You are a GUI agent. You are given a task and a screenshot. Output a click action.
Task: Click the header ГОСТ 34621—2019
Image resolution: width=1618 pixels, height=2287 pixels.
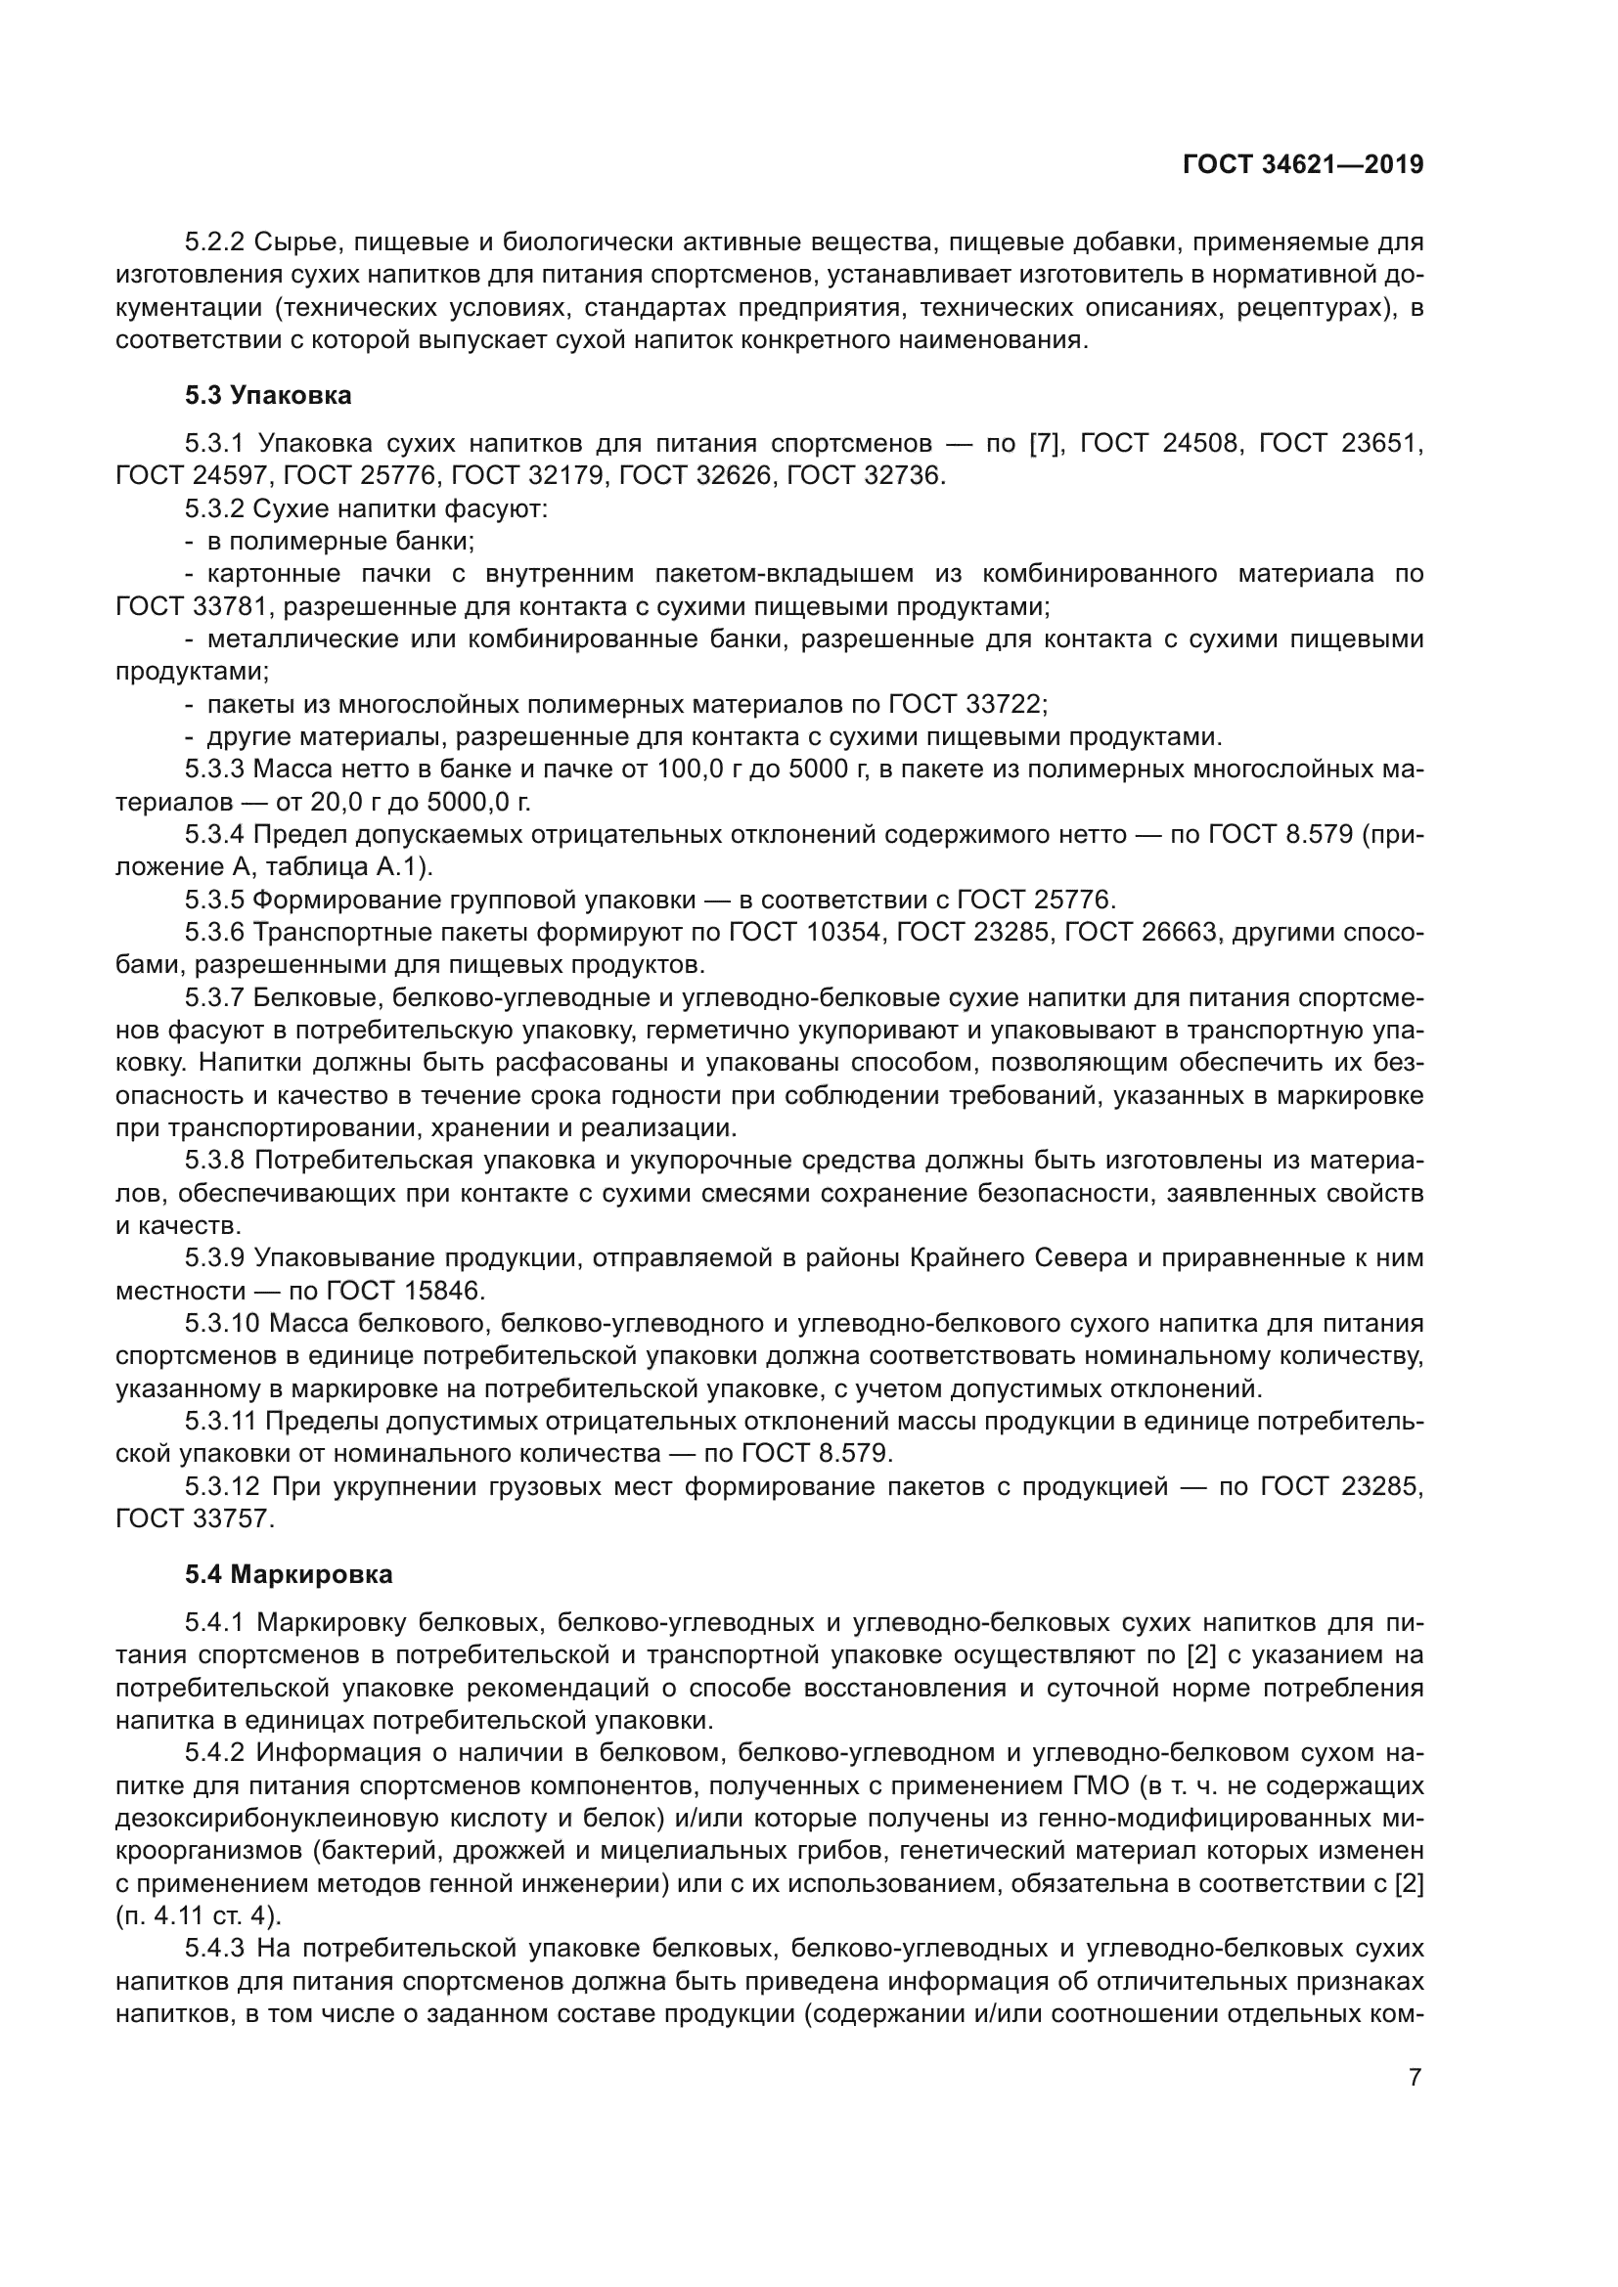1302,165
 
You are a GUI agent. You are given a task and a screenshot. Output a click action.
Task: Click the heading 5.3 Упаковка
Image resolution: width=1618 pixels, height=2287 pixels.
267,395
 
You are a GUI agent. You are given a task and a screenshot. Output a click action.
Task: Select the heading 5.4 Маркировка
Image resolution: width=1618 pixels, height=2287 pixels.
288,1575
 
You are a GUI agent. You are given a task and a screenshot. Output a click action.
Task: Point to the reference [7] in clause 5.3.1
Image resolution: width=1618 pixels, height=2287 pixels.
1046,443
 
